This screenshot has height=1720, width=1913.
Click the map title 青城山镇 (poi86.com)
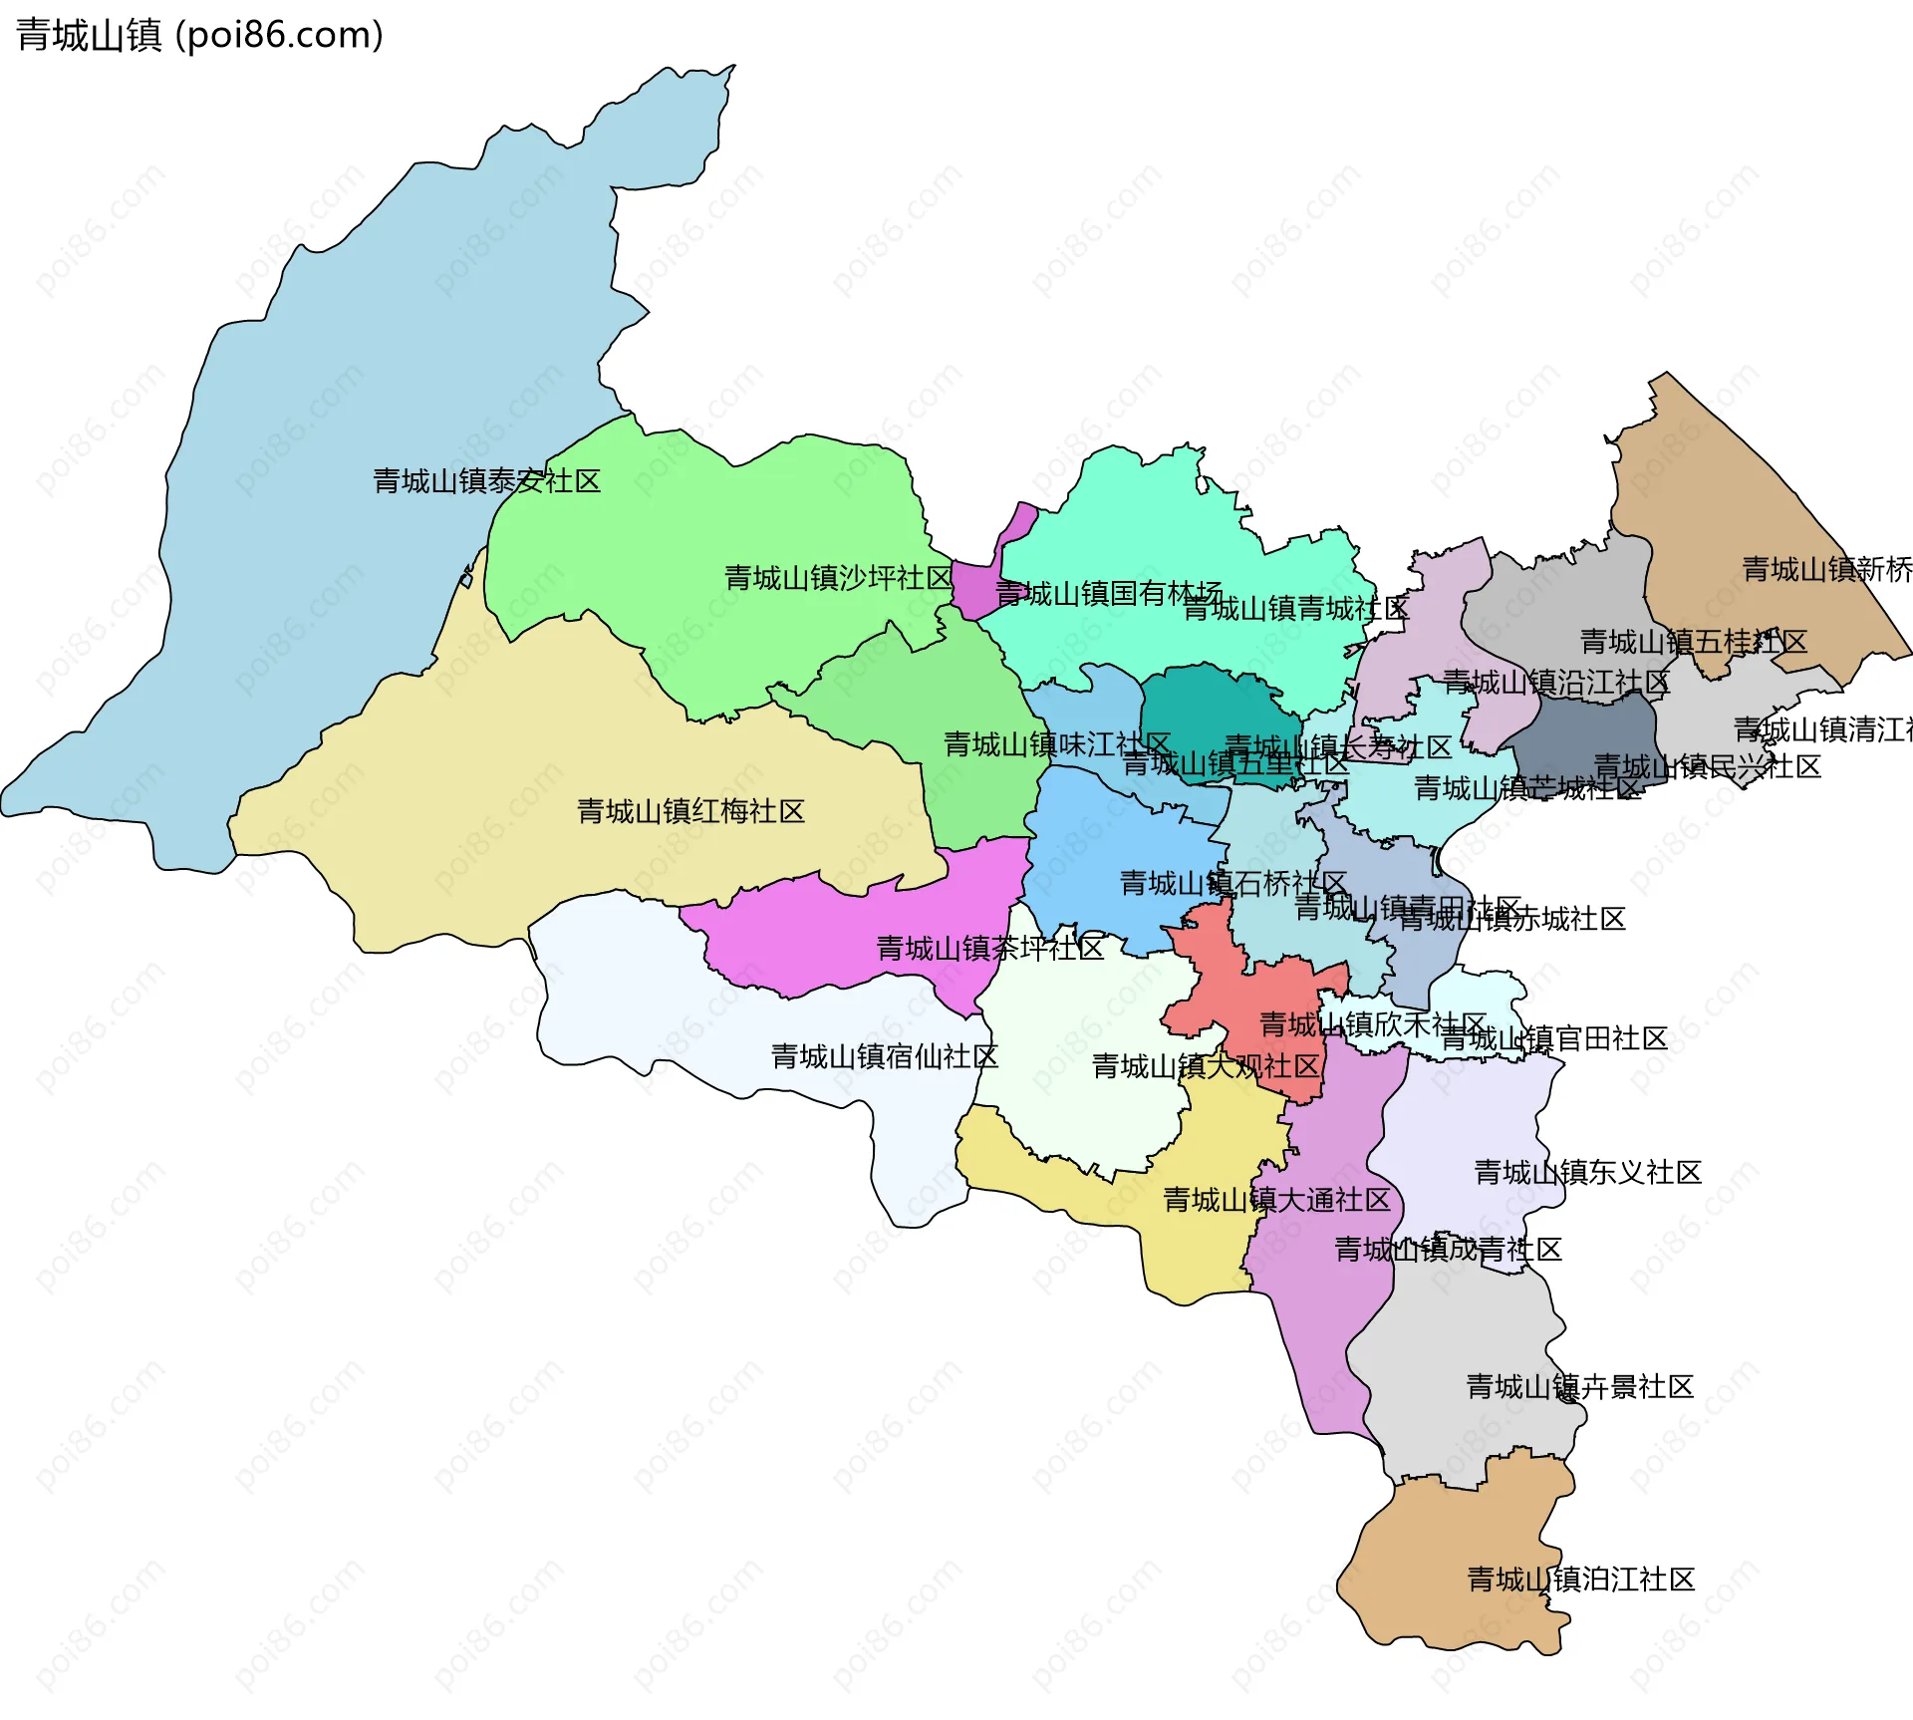199,36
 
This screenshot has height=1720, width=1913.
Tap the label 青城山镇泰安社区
486,481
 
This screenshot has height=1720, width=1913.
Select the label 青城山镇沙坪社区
838,578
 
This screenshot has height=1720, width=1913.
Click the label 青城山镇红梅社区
690,811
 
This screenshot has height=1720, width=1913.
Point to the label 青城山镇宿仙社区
884,1056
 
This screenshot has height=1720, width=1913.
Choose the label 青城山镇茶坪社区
989,948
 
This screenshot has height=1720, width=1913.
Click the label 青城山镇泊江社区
1581,1579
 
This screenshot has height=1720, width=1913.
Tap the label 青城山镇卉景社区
1580,1386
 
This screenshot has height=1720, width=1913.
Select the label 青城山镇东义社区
1587,1172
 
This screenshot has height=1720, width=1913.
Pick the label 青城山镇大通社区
1276,1200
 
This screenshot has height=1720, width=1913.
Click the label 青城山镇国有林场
1108,594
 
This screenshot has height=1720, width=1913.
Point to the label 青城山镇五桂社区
1694,642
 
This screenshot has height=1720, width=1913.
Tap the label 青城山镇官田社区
1554,1039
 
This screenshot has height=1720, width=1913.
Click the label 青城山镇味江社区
1057,744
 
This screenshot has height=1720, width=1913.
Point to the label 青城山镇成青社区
1448,1249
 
